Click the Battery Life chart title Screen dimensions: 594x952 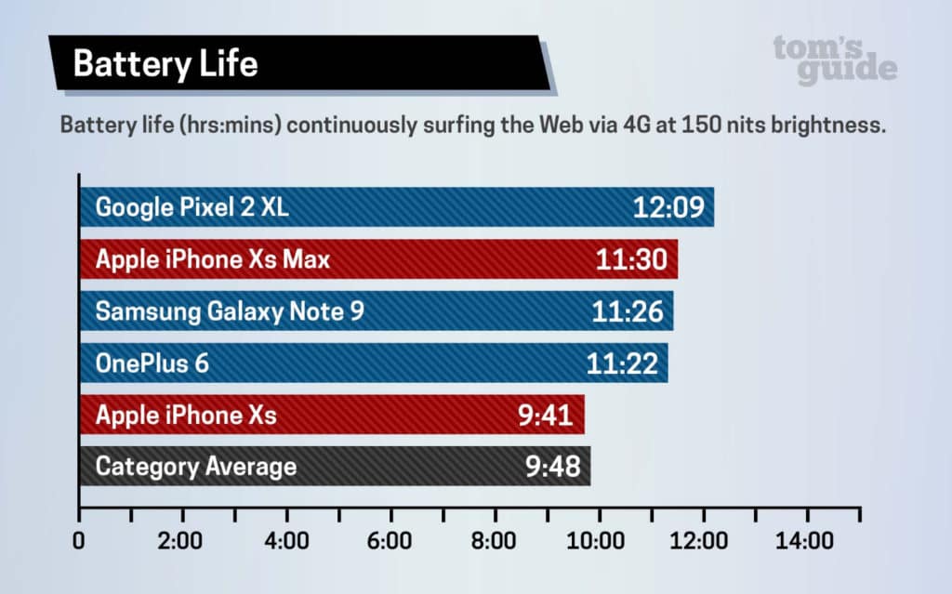(x=165, y=64)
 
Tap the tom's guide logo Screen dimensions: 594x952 (x=834, y=60)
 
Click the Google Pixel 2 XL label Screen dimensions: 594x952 (x=192, y=207)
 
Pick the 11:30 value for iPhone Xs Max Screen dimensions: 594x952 (x=631, y=259)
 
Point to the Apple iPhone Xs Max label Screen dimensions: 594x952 (x=212, y=259)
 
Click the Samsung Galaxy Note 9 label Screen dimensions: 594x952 (x=229, y=311)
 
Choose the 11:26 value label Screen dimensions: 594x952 (x=628, y=311)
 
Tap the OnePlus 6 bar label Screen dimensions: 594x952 (x=152, y=363)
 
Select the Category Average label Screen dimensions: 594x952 (x=195, y=466)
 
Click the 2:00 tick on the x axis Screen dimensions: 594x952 (x=182, y=540)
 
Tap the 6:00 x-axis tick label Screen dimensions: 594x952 (x=390, y=540)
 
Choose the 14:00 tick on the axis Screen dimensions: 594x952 (x=805, y=540)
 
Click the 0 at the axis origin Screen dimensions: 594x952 (x=80, y=540)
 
